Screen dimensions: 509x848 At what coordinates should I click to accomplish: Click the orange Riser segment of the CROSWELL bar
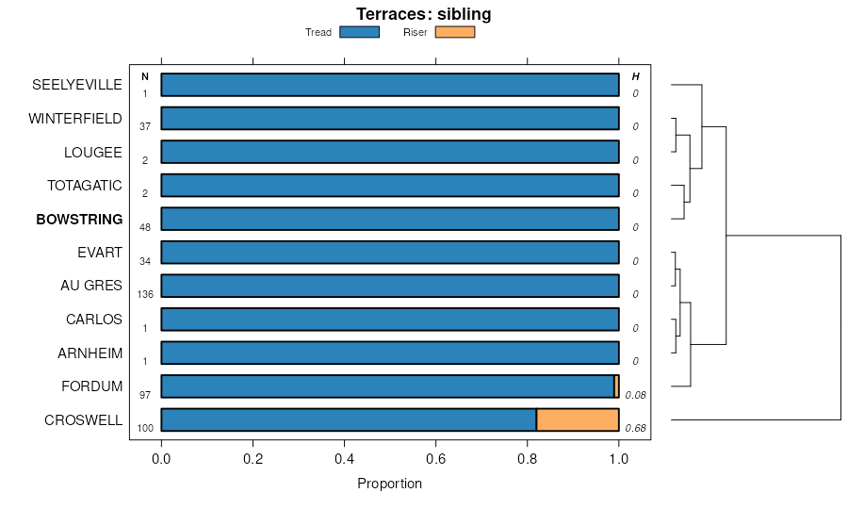click(578, 419)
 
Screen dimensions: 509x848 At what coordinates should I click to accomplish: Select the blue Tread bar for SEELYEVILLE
click(390, 84)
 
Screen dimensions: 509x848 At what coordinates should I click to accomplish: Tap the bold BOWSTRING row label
click(79, 220)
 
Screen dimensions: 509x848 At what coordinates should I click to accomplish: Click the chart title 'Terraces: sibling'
click(423, 14)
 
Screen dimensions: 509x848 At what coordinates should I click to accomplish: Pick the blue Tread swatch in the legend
click(359, 32)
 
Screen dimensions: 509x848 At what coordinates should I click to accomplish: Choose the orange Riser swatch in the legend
click(455, 32)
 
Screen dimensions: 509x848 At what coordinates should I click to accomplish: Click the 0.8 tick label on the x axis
click(528, 459)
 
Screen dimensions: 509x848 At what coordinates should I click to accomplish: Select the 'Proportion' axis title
click(390, 484)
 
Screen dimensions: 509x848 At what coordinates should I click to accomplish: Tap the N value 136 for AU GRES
click(145, 294)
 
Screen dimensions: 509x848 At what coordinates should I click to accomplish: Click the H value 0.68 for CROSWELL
click(635, 428)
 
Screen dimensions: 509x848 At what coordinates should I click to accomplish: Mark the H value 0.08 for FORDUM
click(635, 395)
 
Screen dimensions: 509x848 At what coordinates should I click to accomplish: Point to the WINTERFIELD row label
click(75, 119)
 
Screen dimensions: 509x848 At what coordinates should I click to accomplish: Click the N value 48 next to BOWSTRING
click(145, 227)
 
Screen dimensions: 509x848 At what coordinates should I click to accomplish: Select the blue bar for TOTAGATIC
click(390, 185)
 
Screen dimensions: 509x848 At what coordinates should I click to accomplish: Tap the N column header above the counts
click(145, 76)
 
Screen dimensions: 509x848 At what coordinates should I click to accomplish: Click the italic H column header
click(635, 76)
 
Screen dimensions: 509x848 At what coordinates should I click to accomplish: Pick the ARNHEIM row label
click(89, 353)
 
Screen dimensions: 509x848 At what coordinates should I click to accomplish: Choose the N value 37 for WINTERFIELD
click(145, 126)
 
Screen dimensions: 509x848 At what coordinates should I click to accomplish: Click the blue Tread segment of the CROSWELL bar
click(349, 419)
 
